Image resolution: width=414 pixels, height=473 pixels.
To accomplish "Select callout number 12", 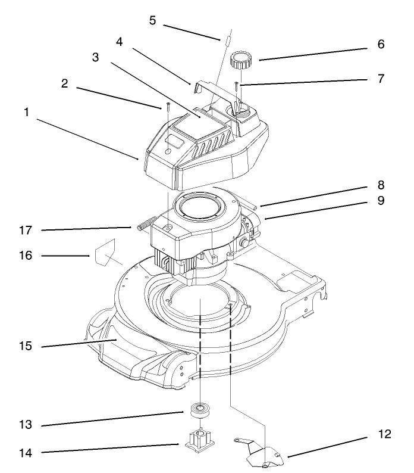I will point(385,434).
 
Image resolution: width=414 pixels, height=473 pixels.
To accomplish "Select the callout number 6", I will point(381,44).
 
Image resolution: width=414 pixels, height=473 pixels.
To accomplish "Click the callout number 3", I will point(95,57).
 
